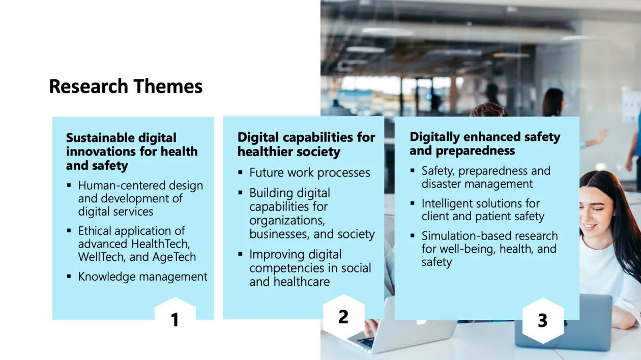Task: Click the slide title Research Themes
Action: tap(126, 86)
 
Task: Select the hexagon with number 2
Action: tap(343, 316)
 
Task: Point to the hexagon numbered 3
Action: tap(542, 320)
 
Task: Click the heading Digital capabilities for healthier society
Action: tap(306, 144)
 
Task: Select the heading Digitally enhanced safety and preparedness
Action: tap(485, 144)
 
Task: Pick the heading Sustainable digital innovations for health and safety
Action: tap(132, 152)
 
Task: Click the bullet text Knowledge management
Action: tap(142, 277)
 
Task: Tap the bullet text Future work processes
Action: tap(309, 173)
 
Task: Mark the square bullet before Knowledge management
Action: tap(69, 276)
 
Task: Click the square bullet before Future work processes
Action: tap(240, 172)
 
